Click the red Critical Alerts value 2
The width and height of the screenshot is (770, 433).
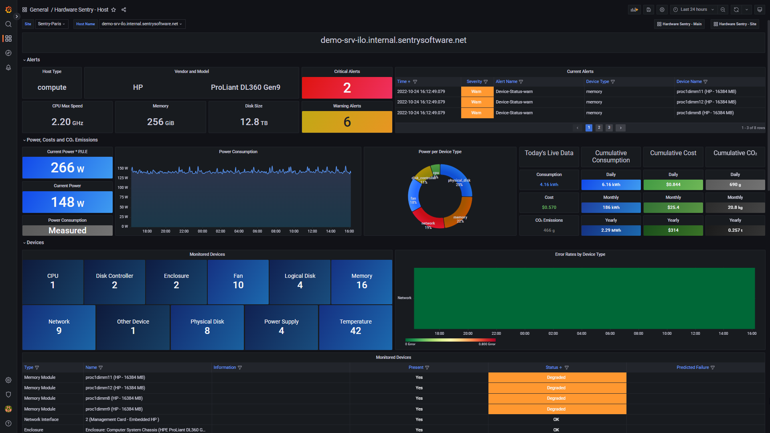coord(347,88)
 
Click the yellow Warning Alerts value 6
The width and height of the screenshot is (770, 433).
coord(347,122)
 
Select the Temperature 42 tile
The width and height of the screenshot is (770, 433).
coord(355,327)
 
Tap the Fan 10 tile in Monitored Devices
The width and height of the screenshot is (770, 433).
coord(238,281)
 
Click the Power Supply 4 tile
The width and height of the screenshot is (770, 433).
coord(281,327)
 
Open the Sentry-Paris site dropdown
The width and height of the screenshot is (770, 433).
coord(52,24)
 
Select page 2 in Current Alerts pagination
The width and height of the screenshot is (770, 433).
coord(599,128)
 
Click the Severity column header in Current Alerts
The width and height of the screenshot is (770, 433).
coord(474,82)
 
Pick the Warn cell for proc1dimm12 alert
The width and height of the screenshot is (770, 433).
coord(476,102)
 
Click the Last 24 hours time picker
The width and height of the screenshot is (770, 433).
coord(693,10)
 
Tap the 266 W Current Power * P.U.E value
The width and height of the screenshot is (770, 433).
coord(67,168)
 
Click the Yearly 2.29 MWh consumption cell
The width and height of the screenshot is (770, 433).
coord(610,231)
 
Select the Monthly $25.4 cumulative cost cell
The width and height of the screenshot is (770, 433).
coord(673,208)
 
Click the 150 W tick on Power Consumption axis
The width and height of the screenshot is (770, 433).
coord(122,168)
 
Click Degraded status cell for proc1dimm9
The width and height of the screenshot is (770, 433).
coord(557,409)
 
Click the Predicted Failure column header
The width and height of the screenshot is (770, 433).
coord(692,368)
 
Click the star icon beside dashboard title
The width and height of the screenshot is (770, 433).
coord(113,10)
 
